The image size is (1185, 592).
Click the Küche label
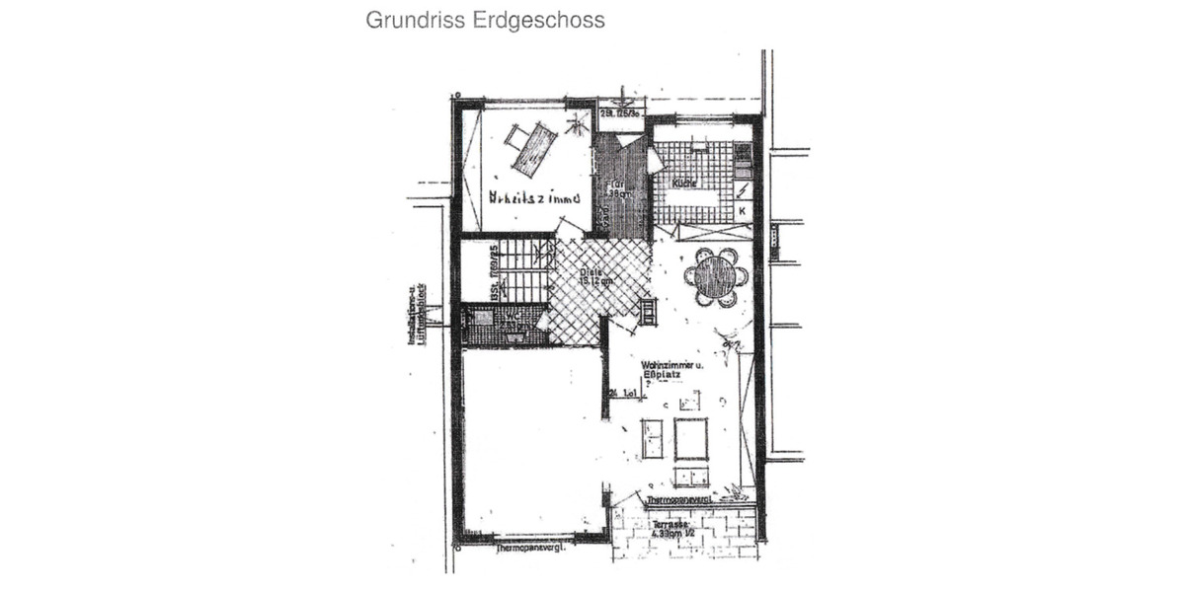(x=684, y=184)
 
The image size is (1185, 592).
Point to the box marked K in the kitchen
(x=742, y=210)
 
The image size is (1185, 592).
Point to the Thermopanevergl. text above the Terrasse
(x=682, y=500)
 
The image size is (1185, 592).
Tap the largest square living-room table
(x=691, y=438)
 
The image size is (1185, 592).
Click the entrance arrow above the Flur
(x=625, y=99)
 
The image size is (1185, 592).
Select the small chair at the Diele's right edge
(x=648, y=313)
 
